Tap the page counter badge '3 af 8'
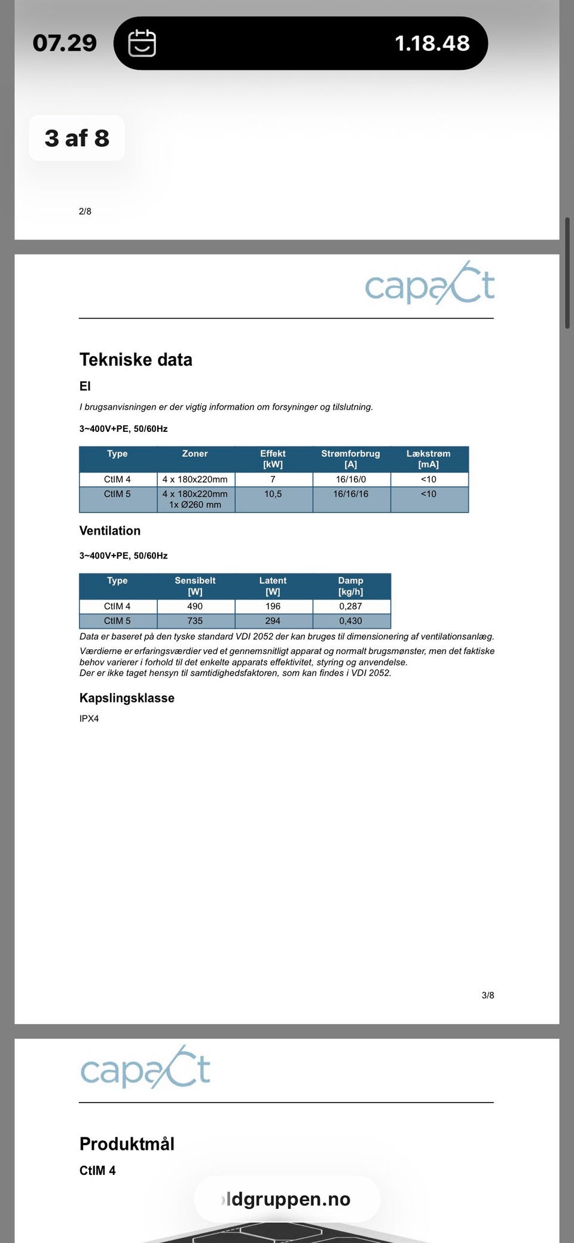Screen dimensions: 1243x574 tap(77, 138)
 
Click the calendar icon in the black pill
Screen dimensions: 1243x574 tap(142, 43)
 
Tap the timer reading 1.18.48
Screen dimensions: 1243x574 tap(432, 43)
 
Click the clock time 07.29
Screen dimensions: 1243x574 tap(65, 43)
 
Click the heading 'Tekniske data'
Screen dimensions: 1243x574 tap(136, 360)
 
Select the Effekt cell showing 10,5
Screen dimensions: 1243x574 tap(273, 494)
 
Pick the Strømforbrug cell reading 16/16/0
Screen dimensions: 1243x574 tap(351, 479)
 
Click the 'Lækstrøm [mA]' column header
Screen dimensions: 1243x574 tap(429, 459)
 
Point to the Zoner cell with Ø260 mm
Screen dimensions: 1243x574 tap(195, 499)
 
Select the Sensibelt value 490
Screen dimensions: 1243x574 tap(195, 606)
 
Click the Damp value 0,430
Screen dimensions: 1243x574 tap(350, 621)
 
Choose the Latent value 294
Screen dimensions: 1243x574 tap(273, 621)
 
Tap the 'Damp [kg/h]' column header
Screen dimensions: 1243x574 tap(350, 586)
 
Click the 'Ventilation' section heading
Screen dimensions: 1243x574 tap(110, 530)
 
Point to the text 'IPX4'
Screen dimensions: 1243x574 tap(89, 719)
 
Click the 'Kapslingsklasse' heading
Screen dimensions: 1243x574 tap(127, 698)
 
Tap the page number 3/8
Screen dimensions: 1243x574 tap(488, 995)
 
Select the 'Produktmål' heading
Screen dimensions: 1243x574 tap(127, 1144)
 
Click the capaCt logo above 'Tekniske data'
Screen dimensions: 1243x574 tap(430, 284)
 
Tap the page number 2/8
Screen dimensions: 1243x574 tap(85, 211)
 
